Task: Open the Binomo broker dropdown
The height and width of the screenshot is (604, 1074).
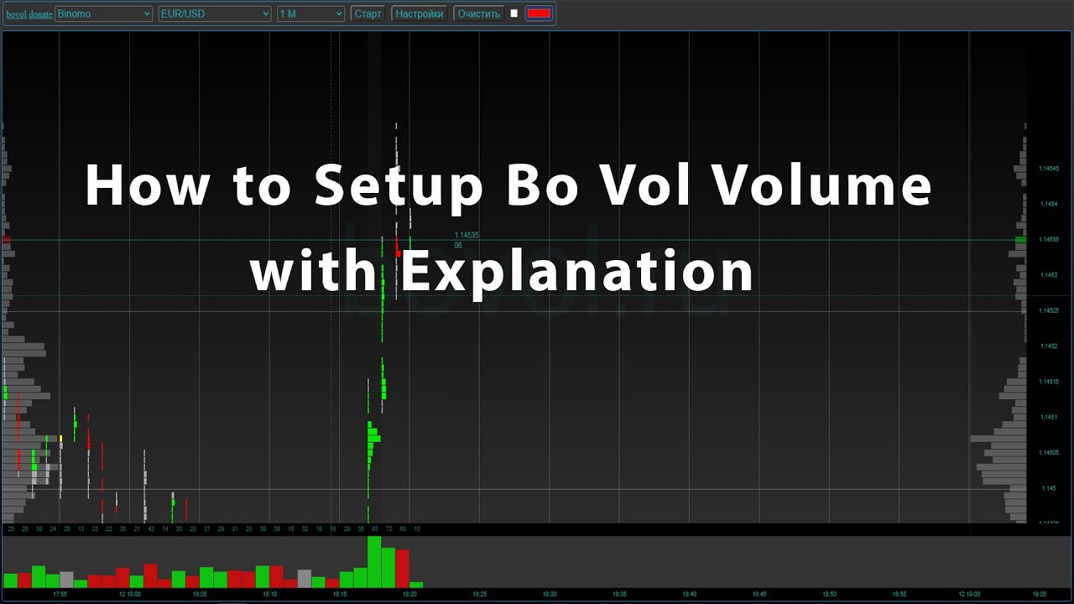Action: [104, 14]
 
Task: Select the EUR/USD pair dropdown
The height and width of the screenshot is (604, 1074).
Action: [215, 14]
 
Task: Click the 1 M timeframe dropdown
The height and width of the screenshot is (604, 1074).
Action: [310, 14]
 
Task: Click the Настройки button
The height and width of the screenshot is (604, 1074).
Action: [419, 14]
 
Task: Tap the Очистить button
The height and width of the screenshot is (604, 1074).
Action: [478, 14]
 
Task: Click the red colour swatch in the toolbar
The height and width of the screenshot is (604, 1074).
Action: [539, 13]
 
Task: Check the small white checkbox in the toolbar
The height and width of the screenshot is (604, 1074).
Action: [514, 13]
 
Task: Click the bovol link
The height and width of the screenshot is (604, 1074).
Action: [16, 15]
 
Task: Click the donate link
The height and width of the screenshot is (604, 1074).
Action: [40, 15]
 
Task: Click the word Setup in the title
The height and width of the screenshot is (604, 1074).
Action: [399, 186]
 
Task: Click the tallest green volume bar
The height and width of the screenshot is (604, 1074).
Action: [374, 562]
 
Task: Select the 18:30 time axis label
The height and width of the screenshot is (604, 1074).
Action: [549, 594]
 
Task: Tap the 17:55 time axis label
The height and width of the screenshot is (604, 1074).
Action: [60, 594]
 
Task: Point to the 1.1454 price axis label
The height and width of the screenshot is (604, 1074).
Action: [1048, 204]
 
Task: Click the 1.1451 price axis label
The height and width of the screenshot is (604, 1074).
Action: [1048, 417]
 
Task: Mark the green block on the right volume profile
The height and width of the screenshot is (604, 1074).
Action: [1020, 240]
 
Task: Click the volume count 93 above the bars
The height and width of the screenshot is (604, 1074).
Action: [375, 529]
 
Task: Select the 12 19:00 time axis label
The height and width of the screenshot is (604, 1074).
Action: [969, 594]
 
